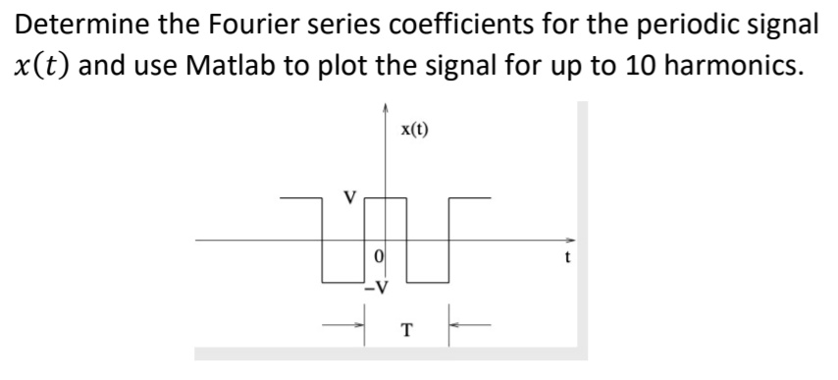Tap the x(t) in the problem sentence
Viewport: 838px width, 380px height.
39,68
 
